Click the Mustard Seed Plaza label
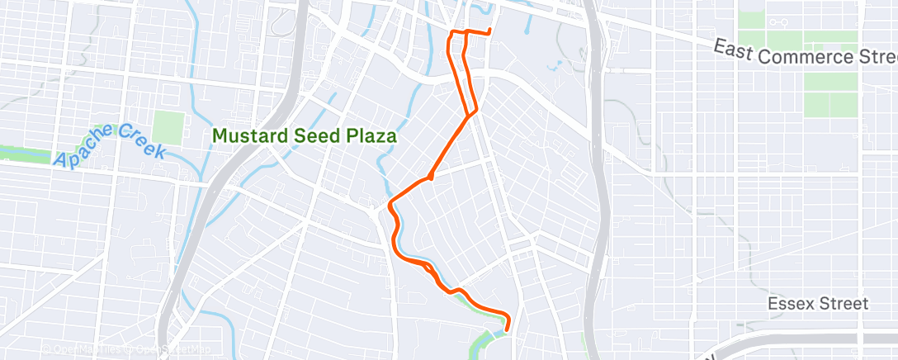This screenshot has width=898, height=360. click(305, 135)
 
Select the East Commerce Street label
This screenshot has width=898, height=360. click(806, 54)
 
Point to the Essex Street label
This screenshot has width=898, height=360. click(817, 304)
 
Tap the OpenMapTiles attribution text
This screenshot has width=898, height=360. click(83, 348)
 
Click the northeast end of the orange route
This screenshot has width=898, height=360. click(490, 32)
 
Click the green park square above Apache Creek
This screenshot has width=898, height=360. click(168, 128)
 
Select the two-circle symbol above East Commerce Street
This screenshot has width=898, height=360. click(776, 22)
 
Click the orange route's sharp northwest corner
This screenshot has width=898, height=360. click(451, 33)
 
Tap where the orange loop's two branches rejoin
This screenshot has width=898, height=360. click(473, 113)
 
